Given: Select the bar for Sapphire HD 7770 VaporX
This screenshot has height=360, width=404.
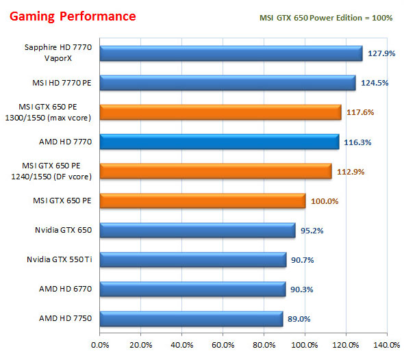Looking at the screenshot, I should (x=231, y=53).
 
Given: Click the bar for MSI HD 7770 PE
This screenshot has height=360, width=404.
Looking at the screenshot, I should (x=227, y=83).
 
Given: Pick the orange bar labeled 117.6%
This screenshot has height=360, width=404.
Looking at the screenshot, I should (x=220, y=112).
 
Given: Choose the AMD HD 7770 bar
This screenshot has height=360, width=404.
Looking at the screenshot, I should (x=219, y=142).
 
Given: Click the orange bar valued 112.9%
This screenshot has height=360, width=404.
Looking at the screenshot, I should (x=216, y=171).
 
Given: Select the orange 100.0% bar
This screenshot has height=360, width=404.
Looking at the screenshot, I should (x=203, y=201).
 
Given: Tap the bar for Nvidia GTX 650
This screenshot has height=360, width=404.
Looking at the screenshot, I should (x=197, y=231).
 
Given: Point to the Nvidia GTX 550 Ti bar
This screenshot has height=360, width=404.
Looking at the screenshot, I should (x=192, y=260).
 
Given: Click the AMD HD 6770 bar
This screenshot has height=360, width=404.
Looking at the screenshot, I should (x=192, y=290).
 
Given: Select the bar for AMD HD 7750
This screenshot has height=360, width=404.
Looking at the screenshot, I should (x=191, y=319).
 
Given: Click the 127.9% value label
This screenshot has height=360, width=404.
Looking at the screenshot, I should (x=380, y=53).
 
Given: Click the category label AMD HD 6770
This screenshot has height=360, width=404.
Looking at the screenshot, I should (x=66, y=290).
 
